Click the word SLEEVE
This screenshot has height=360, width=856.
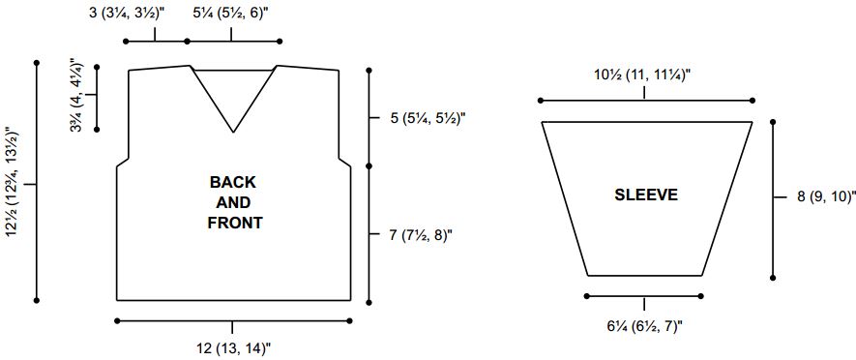pos(646,195)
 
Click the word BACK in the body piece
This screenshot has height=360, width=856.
pos(232,182)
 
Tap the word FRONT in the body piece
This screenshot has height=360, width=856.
pos(235,223)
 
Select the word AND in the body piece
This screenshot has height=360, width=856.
pos(234,202)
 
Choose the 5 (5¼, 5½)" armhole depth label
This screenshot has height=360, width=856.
pos(428,118)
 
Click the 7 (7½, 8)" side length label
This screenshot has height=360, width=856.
pos(421,235)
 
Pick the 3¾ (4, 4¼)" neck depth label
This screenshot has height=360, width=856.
pos(77,96)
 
